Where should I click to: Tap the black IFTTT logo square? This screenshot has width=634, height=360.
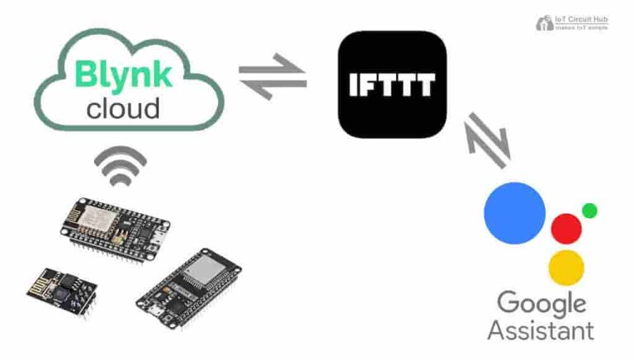[392, 84]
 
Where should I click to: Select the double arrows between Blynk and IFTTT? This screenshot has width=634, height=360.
[272, 79]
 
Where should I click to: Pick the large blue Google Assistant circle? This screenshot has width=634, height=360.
[514, 213]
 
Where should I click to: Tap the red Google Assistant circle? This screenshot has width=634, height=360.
[566, 228]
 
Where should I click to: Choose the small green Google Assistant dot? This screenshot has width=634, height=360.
[589, 211]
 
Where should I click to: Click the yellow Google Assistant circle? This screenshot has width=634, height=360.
[566, 268]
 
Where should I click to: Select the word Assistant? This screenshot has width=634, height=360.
[541, 331]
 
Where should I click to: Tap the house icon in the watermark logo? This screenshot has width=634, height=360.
[545, 23]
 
